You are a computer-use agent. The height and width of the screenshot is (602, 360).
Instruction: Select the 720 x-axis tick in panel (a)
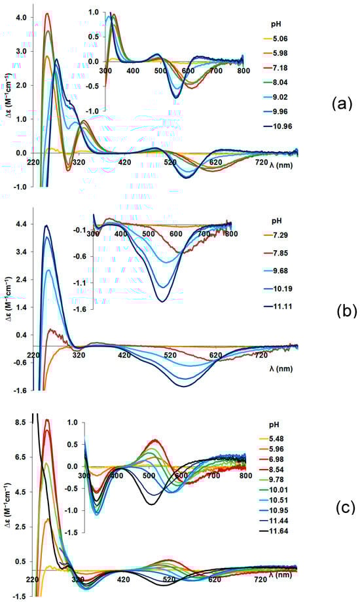[261, 162]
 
